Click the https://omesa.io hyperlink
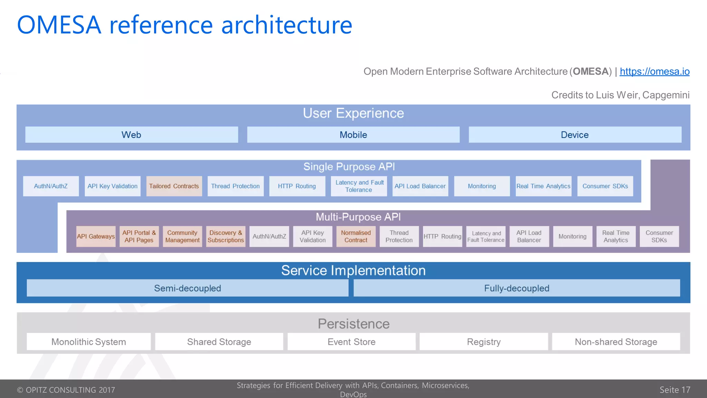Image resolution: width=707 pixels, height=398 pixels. click(654, 72)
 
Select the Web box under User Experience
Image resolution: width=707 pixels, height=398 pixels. click(132, 135)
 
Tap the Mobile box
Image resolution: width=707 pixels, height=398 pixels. click(353, 135)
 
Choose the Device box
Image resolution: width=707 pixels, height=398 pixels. click(575, 135)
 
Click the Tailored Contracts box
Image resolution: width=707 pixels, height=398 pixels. click(174, 186)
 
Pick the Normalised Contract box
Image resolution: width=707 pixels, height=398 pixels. click(356, 236)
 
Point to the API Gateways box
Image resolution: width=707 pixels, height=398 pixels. click(96, 236)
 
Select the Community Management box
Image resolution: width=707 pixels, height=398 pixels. click(182, 236)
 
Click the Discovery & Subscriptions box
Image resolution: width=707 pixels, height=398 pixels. click(226, 236)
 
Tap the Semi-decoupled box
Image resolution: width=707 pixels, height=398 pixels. click(187, 288)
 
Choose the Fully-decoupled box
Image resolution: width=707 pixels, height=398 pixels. click(516, 288)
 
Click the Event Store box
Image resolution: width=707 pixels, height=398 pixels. click(351, 342)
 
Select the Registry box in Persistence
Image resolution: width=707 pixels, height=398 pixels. click(484, 342)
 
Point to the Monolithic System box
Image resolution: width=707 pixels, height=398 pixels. click(89, 342)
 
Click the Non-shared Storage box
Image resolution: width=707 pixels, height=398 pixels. click(616, 342)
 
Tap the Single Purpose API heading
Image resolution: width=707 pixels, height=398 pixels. click(349, 167)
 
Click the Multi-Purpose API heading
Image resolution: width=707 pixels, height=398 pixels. click(358, 217)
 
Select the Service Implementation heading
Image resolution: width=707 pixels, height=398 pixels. click(353, 271)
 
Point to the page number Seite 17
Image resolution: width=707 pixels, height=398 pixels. click(675, 390)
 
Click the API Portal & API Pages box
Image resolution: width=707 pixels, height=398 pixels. click(139, 236)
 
